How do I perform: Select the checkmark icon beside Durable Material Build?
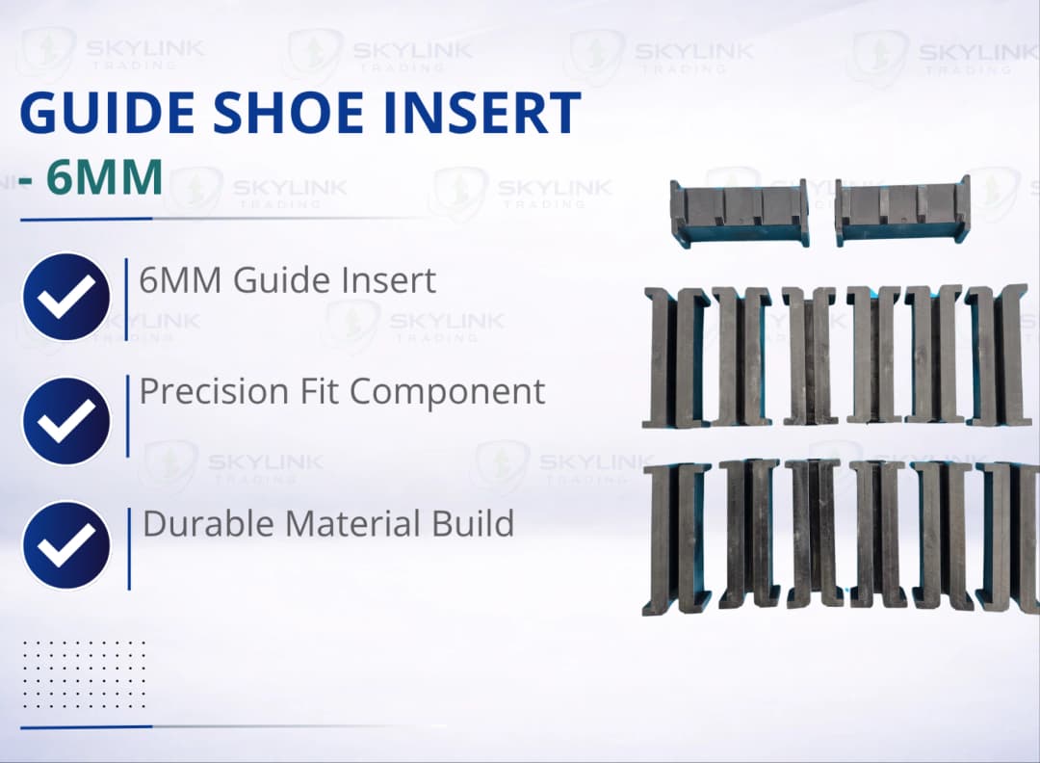click(65, 545)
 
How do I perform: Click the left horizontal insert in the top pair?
click(739, 212)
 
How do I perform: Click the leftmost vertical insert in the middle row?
click(676, 356)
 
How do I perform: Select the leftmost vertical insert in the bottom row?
click(676, 538)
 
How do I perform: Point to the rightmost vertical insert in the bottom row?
click(1007, 536)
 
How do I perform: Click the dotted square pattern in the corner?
click(84, 674)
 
